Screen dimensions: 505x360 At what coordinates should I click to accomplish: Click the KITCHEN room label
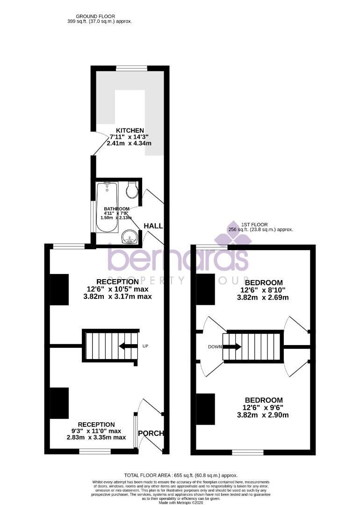[x=130, y=130]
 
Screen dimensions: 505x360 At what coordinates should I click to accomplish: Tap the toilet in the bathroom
[x=131, y=189]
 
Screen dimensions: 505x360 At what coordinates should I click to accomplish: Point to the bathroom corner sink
[x=129, y=238]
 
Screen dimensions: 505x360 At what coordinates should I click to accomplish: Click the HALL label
[x=153, y=226]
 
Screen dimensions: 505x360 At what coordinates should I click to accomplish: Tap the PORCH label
[x=153, y=433]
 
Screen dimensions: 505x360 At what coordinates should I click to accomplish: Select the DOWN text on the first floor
[x=215, y=347]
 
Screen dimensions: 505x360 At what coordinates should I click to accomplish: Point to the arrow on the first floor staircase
[x=232, y=347]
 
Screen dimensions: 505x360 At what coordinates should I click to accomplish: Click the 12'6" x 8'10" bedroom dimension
[x=264, y=290]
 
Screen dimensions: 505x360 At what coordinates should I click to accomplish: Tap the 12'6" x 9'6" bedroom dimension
[x=264, y=408]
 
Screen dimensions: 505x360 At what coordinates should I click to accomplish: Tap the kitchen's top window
[x=131, y=68]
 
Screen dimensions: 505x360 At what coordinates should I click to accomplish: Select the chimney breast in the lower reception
[x=59, y=404]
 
